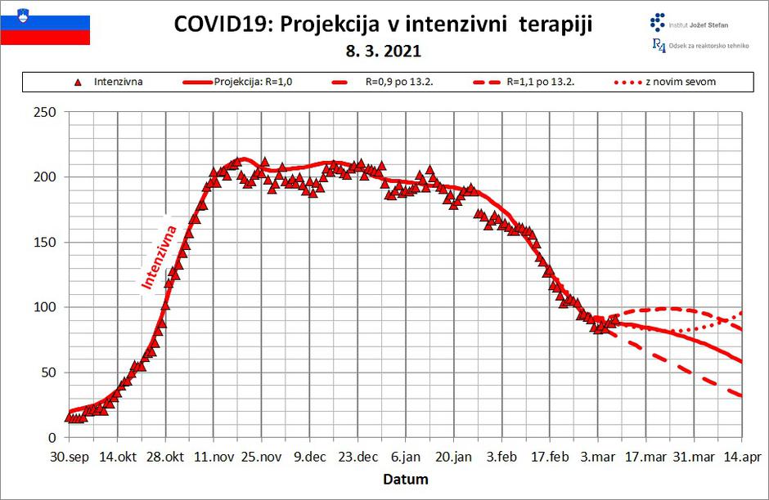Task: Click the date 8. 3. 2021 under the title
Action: point(384,51)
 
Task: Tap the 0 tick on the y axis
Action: point(51,438)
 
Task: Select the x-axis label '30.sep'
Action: point(70,458)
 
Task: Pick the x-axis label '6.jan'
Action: point(406,458)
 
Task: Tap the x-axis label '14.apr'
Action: point(741,458)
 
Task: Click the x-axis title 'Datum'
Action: point(406,479)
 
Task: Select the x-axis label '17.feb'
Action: point(550,458)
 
